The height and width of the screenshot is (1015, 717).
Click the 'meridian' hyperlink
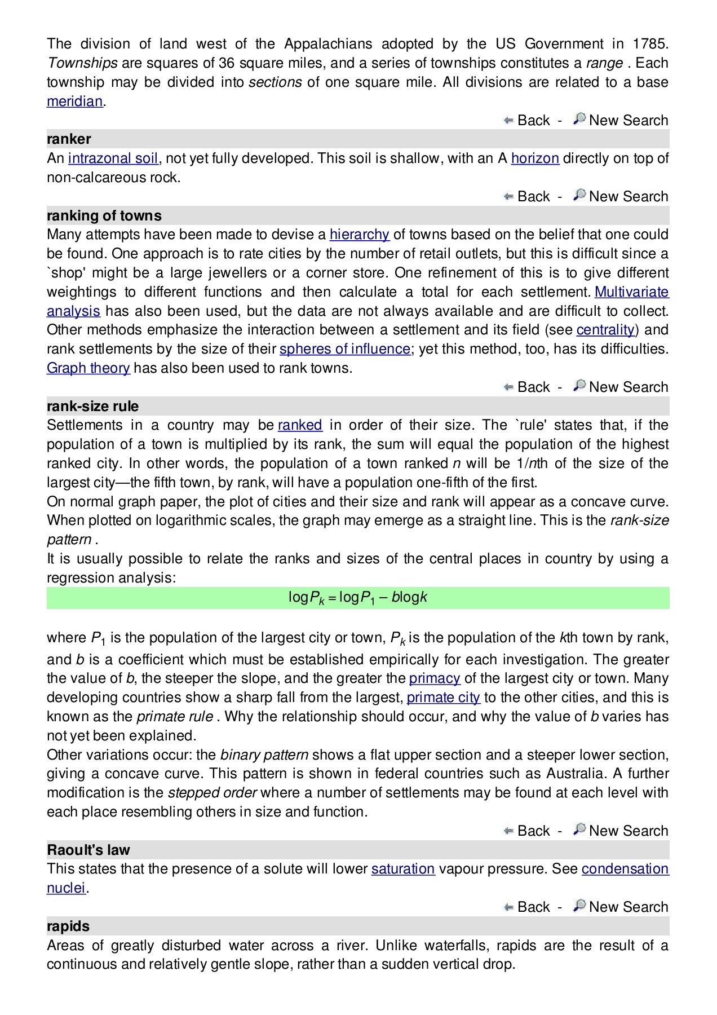[x=74, y=101]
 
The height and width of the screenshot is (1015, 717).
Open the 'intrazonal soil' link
[x=113, y=158]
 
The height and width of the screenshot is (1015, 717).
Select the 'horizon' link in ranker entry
[x=534, y=158]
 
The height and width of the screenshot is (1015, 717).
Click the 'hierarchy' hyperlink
[x=359, y=235]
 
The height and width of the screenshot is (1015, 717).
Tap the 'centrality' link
[x=605, y=330]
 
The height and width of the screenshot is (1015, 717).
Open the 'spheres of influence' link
[x=344, y=349]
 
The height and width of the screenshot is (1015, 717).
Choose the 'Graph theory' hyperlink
[x=88, y=368]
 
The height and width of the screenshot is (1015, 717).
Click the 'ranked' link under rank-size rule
[x=300, y=425]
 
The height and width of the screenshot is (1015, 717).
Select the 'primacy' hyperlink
[x=434, y=678]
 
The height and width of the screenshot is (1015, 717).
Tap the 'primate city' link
[x=443, y=698]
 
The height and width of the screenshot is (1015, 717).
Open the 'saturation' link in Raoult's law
[x=402, y=869]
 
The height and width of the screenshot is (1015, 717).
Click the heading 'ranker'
[x=69, y=139]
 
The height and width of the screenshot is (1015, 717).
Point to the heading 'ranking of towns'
[x=104, y=215]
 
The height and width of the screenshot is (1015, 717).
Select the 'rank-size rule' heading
[x=92, y=406]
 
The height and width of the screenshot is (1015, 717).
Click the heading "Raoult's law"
[x=88, y=850]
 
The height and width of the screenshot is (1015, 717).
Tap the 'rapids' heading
[x=68, y=926]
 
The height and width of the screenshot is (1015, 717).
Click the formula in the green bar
[x=357, y=598]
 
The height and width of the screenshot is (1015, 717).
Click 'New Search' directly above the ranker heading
[x=628, y=121]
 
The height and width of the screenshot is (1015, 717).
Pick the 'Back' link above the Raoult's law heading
[x=533, y=831]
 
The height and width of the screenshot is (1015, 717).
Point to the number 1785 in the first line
[x=650, y=44]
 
